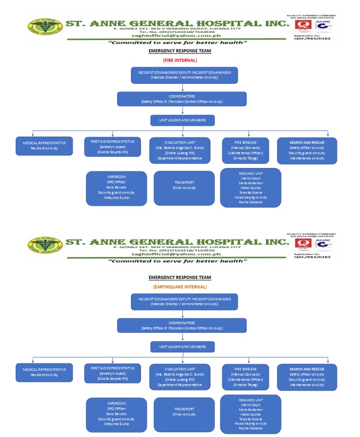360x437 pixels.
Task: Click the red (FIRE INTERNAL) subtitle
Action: click(180, 60)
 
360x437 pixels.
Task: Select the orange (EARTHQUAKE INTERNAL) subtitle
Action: click(180, 286)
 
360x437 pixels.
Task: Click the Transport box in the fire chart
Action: click(184, 185)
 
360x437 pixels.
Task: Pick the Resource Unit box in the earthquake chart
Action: click(250, 414)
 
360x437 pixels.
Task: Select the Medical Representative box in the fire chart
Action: click(45, 145)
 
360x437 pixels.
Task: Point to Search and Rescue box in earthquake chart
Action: click(307, 377)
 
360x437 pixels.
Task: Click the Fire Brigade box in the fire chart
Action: click(246, 150)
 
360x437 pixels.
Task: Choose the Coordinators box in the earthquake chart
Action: click(181, 325)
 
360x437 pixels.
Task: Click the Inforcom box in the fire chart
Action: click(116, 188)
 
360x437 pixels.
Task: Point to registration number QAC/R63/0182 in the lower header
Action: click(312, 256)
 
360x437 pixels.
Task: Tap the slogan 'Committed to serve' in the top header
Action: click(178, 43)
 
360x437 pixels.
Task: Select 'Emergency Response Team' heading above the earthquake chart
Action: click(180, 277)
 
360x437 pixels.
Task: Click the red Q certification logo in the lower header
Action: click(302, 243)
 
